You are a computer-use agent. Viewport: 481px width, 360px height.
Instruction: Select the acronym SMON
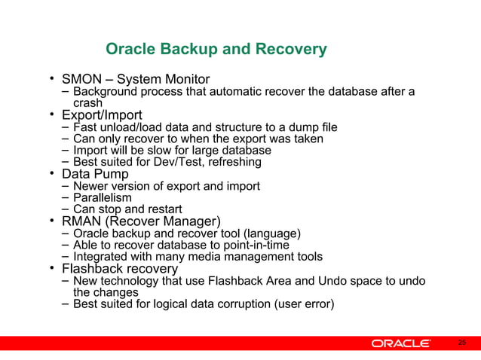pyautogui.click(x=82, y=80)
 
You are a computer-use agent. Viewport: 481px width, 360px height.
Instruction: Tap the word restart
pyautogui.click(x=161, y=209)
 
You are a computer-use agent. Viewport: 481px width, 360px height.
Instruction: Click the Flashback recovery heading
pyautogui.click(x=120, y=268)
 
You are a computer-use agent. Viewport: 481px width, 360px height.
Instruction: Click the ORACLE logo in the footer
pyautogui.click(x=400, y=343)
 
